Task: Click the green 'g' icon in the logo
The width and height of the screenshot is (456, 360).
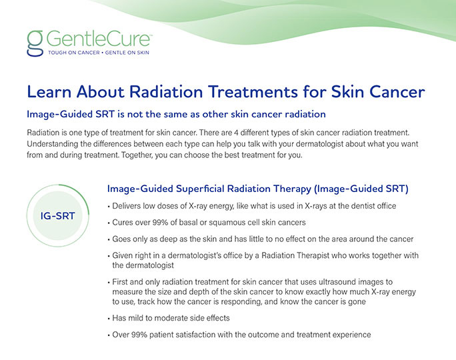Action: pos(35,43)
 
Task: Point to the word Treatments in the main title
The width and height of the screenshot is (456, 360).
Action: pos(253,91)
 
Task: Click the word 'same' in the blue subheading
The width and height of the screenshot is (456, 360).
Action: pos(175,114)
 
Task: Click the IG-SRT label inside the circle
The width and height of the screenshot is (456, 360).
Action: pos(57,216)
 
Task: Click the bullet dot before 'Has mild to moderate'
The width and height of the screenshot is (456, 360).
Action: pos(109,319)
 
